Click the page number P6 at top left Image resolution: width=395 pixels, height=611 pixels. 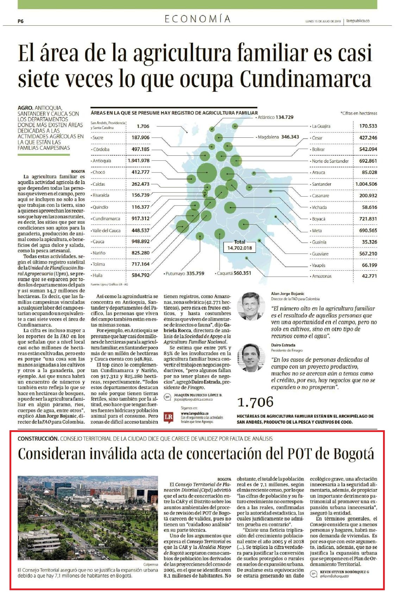(20, 21)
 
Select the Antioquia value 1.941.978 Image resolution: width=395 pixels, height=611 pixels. (138, 161)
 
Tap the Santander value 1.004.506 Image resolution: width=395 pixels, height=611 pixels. (366, 184)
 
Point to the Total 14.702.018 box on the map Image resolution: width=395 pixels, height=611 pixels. (239, 245)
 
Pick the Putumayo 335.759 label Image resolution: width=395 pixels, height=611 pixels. (184, 273)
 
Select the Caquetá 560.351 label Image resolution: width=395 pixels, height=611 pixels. (233, 273)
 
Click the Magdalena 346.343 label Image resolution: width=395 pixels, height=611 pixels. (277, 137)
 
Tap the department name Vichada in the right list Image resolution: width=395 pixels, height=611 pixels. (319, 208)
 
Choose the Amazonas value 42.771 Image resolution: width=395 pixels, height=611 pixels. (369, 276)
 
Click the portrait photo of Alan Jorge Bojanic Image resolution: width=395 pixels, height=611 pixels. (251, 304)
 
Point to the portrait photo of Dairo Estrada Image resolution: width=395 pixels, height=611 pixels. (251, 357)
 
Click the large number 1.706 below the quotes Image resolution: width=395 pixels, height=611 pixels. (255, 402)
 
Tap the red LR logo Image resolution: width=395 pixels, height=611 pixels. (169, 417)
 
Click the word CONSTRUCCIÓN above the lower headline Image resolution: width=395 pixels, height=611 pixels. (38, 439)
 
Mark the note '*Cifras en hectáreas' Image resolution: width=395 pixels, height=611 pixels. (359, 113)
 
